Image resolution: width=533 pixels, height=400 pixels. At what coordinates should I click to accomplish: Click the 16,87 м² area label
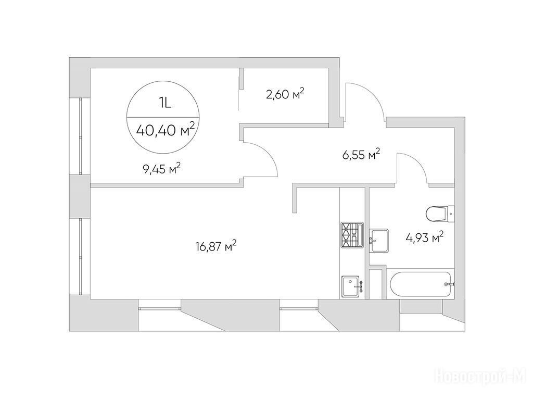pos(216,246)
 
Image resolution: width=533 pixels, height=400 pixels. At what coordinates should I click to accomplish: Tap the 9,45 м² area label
pos(162,169)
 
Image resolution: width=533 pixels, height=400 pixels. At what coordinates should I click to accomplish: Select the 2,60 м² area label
pos(285,94)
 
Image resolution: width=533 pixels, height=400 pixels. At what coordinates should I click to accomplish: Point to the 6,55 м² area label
pos(361,155)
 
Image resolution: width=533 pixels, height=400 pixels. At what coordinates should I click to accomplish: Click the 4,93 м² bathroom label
pos(425,237)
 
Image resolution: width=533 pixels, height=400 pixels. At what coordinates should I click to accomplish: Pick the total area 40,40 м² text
pos(165,130)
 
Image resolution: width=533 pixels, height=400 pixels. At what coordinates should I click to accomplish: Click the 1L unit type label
pos(165,103)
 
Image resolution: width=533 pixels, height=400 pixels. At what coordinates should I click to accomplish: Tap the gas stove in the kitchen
pos(352,234)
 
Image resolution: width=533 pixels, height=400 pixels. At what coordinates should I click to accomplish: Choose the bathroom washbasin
pos(379,241)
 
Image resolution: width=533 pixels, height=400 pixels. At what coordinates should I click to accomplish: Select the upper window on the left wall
pos(81,136)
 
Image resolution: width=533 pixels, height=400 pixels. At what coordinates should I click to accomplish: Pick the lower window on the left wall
pos(81,257)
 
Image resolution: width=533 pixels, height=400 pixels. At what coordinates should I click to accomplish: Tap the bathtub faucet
pos(449,284)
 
